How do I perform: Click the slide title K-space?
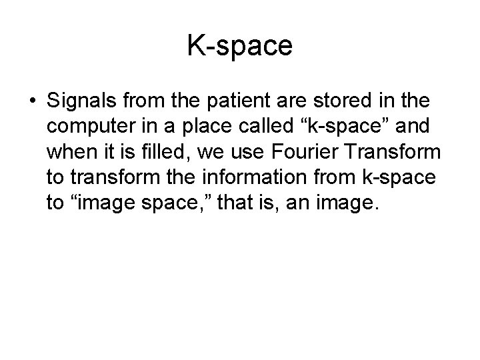coord(239,46)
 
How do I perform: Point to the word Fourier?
coord(303,152)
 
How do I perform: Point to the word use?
coord(242,152)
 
